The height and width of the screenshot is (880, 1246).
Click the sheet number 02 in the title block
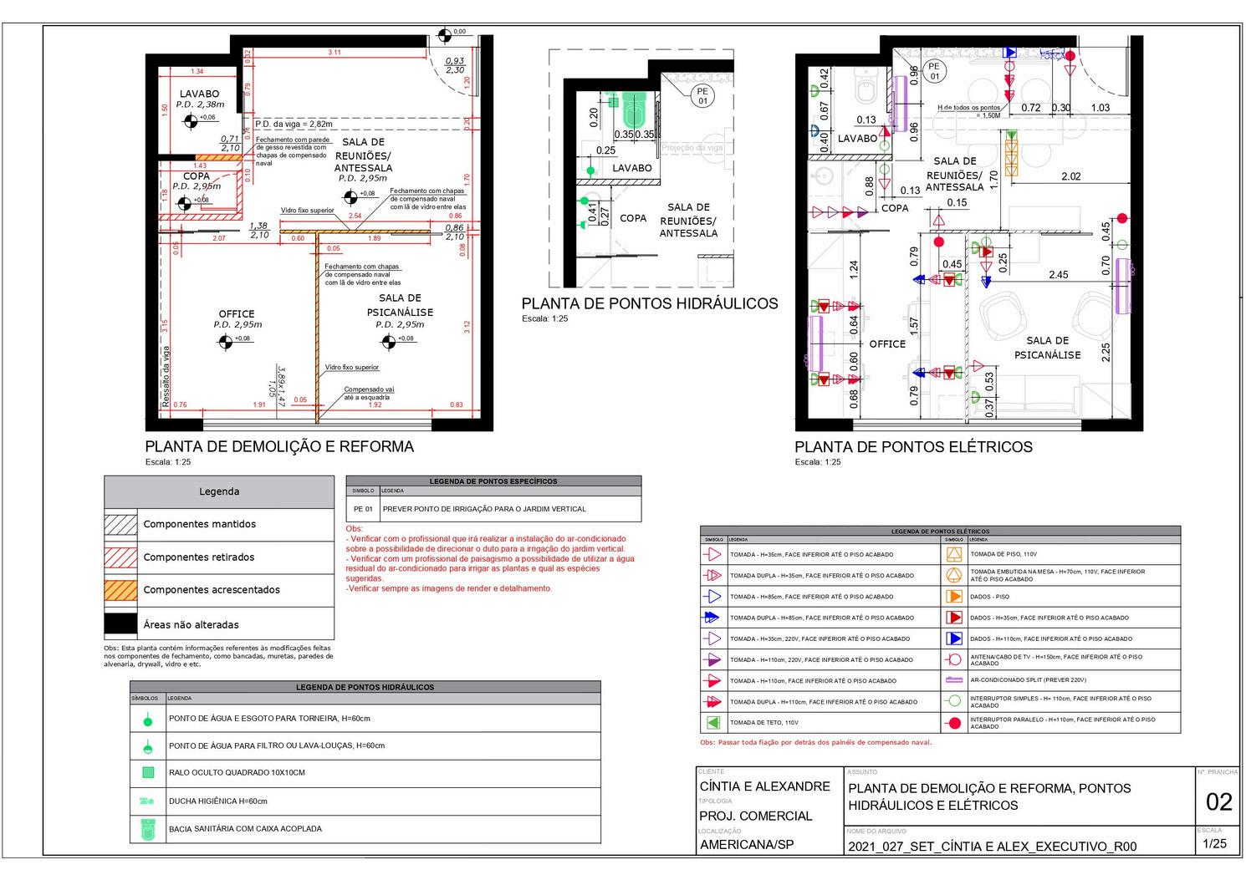pos(1218,802)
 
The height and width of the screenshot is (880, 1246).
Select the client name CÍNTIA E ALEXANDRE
pos(764,786)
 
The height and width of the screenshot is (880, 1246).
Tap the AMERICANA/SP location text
pos(746,844)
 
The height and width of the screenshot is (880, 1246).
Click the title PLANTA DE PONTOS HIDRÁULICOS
pos(649,304)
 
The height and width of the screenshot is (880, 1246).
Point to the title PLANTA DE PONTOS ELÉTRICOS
pos(913,447)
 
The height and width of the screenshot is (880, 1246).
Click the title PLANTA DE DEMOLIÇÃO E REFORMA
pos(279,447)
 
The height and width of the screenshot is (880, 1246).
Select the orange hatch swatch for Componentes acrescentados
pos(120,590)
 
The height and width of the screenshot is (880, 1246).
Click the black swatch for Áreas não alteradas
pos(120,624)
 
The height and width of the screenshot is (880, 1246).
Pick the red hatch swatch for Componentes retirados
pos(120,557)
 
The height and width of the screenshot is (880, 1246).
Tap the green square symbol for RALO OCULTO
pos(148,773)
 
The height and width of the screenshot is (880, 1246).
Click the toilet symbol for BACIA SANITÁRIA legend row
pos(148,829)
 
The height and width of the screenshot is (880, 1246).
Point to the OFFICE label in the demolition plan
pos(237,314)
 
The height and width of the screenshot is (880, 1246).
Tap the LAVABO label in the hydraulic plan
pos(631,168)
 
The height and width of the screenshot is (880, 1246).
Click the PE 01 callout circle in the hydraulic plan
pos(702,96)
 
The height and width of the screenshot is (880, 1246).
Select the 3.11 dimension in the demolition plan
pos(334,53)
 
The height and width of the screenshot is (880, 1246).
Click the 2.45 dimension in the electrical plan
pos(1058,275)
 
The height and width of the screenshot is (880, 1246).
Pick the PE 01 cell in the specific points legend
pos(363,509)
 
